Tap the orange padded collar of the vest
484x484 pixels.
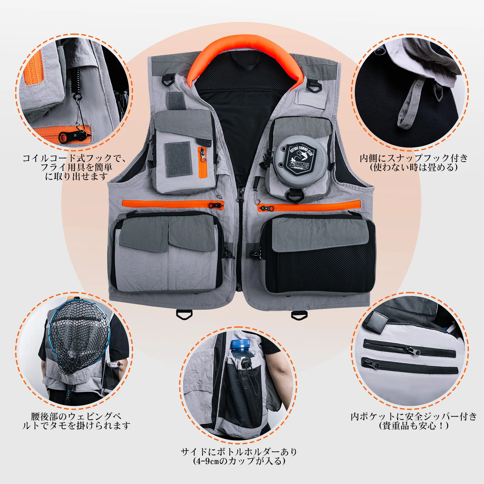(245, 48)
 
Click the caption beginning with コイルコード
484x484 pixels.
(74, 158)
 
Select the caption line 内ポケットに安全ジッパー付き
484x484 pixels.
(414, 417)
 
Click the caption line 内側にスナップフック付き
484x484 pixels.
(414, 158)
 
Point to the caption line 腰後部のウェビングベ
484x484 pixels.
(76, 417)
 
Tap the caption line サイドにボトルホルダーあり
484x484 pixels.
(239, 452)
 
